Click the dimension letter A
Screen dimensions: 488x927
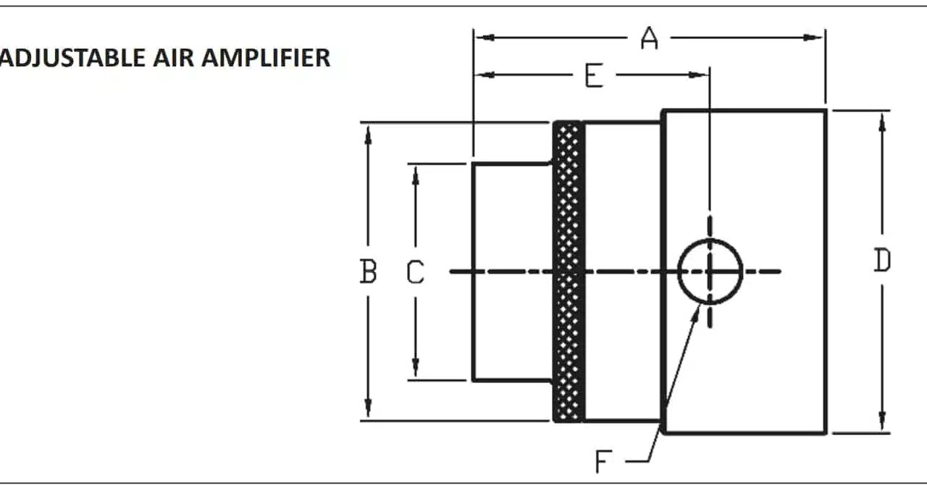tap(650, 38)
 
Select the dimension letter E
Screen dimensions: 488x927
tap(594, 75)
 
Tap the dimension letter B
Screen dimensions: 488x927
tap(368, 272)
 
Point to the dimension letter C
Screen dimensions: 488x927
tap(415, 272)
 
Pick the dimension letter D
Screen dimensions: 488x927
tap(881, 261)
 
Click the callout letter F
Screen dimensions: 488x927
tap(604, 460)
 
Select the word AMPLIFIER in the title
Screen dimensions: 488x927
tap(266, 58)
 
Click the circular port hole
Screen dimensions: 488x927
tap(710, 272)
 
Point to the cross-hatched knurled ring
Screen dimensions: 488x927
tap(569, 272)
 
